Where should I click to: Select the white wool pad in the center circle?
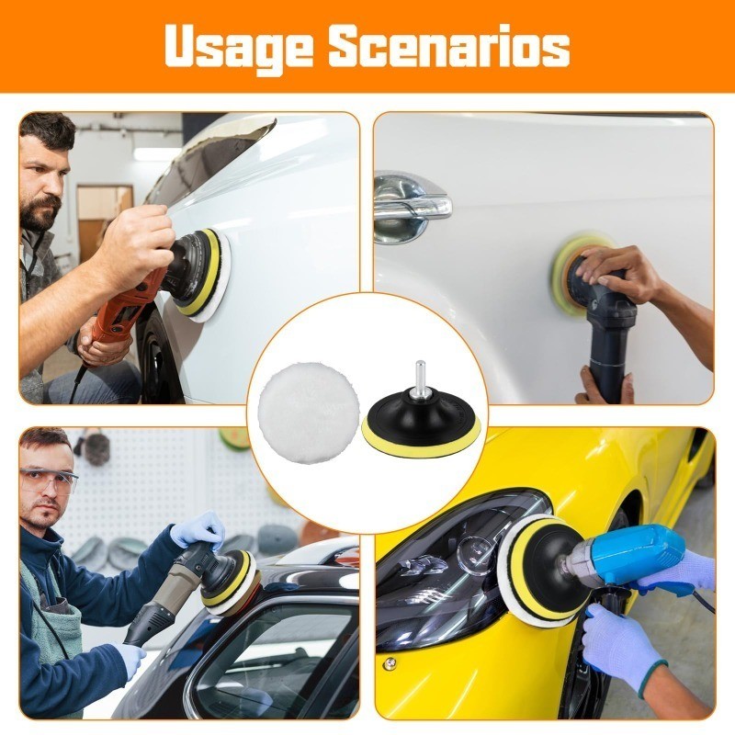(x=309, y=413)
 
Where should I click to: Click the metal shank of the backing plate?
(x=420, y=379)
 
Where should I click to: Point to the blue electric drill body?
(x=628, y=557)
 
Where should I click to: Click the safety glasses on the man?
(x=49, y=481)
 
